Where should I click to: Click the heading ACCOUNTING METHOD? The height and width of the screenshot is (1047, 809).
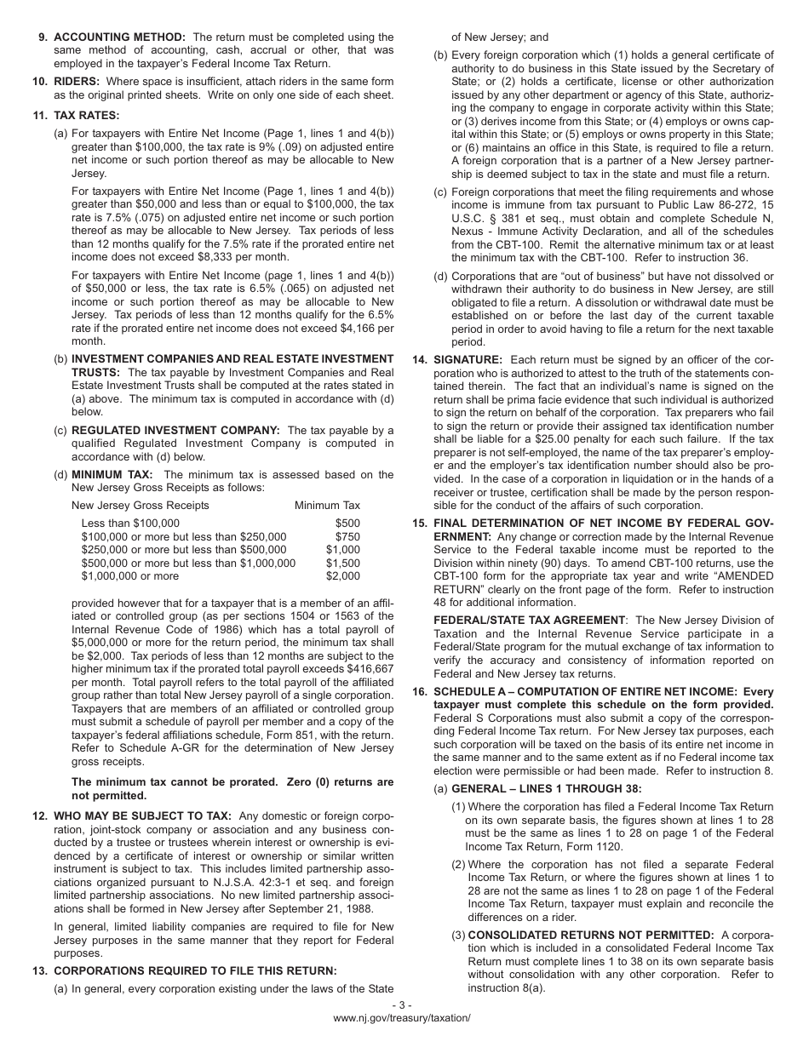click(119, 37)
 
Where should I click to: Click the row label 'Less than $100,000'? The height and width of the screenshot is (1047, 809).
click(130, 523)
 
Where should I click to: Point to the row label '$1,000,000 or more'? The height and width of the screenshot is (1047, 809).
click(130, 575)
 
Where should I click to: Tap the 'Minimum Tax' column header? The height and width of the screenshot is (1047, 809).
click(327, 505)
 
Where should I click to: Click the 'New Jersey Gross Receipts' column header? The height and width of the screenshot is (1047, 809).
click(141, 505)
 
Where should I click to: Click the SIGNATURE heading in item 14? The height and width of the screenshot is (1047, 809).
click(468, 360)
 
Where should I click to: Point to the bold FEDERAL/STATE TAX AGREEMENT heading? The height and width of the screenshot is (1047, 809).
click(530, 620)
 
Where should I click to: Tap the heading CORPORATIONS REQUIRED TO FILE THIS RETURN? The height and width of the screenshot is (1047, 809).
click(195, 970)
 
